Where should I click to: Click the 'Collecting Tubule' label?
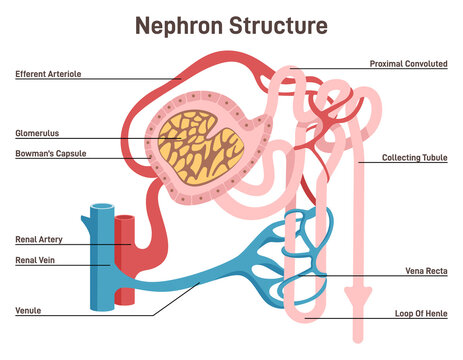[x=413, y=158]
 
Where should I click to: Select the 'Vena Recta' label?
[x=423, y=271]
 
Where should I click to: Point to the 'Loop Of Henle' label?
[x=419, y=314]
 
